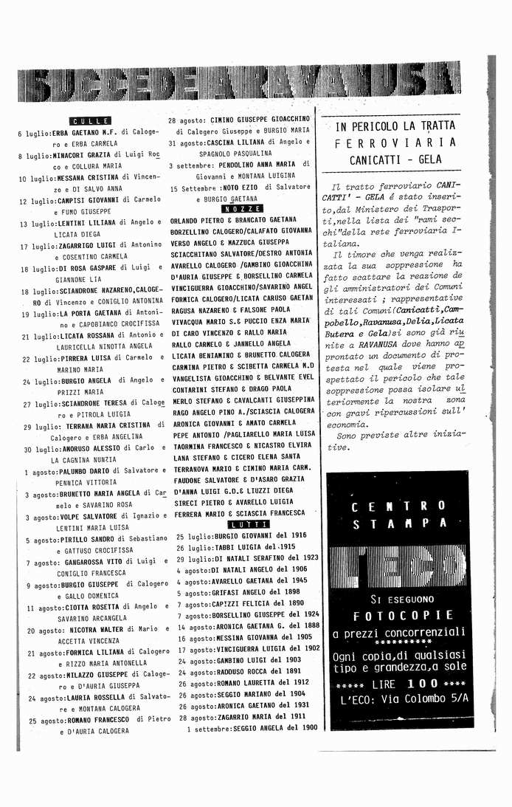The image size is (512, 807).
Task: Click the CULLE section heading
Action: pos(90,121)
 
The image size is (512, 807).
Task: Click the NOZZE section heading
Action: pos(236,209)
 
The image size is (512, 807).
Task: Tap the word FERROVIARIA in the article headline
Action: pos(395,142)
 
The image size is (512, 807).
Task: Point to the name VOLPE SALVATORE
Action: pos(89,517)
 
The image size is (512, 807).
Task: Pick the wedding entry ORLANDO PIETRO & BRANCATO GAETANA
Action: pos(233,220)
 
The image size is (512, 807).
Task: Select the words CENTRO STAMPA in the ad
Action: pos(399,515)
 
